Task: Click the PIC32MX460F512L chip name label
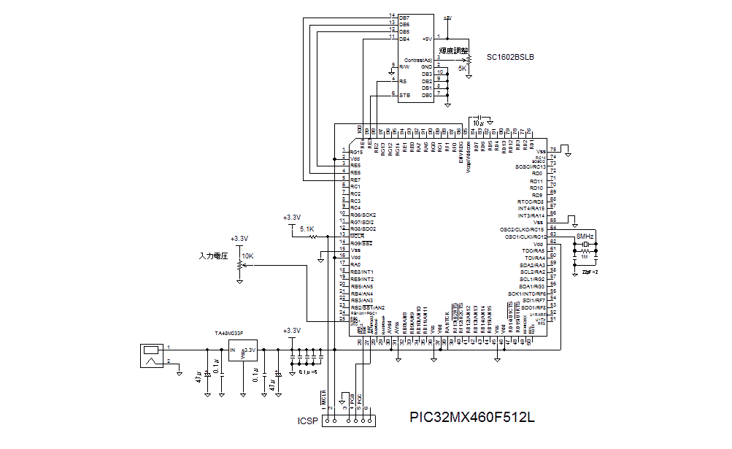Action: click(471, 418)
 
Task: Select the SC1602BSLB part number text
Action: click(510, 56)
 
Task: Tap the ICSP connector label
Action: click(307, 421)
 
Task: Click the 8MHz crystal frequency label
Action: click(585, 237)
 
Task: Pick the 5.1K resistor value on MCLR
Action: click(307, 229)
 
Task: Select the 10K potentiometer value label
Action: click(247, 256)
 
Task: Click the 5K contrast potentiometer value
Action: click(463, 68)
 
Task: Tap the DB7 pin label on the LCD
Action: click(404, 17)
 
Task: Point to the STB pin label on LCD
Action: click(404, 94)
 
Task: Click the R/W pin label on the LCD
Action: click(404, 67)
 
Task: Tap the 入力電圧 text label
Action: click(214, 256)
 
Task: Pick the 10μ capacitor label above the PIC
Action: click(478, 123)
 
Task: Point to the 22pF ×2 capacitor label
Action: click(590, 272)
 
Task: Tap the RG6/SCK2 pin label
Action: click(363, 215)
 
